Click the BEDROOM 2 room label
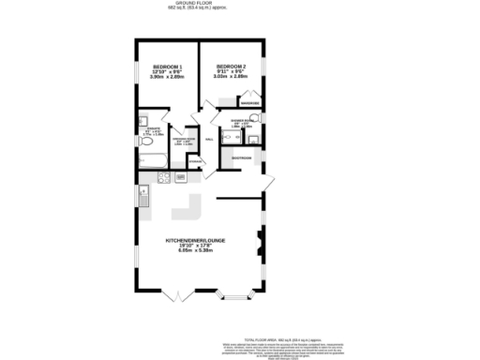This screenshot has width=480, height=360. coord(230,66)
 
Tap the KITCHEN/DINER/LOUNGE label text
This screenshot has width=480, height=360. coord(196,240)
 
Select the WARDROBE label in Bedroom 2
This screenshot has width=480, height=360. coord(250,102)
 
